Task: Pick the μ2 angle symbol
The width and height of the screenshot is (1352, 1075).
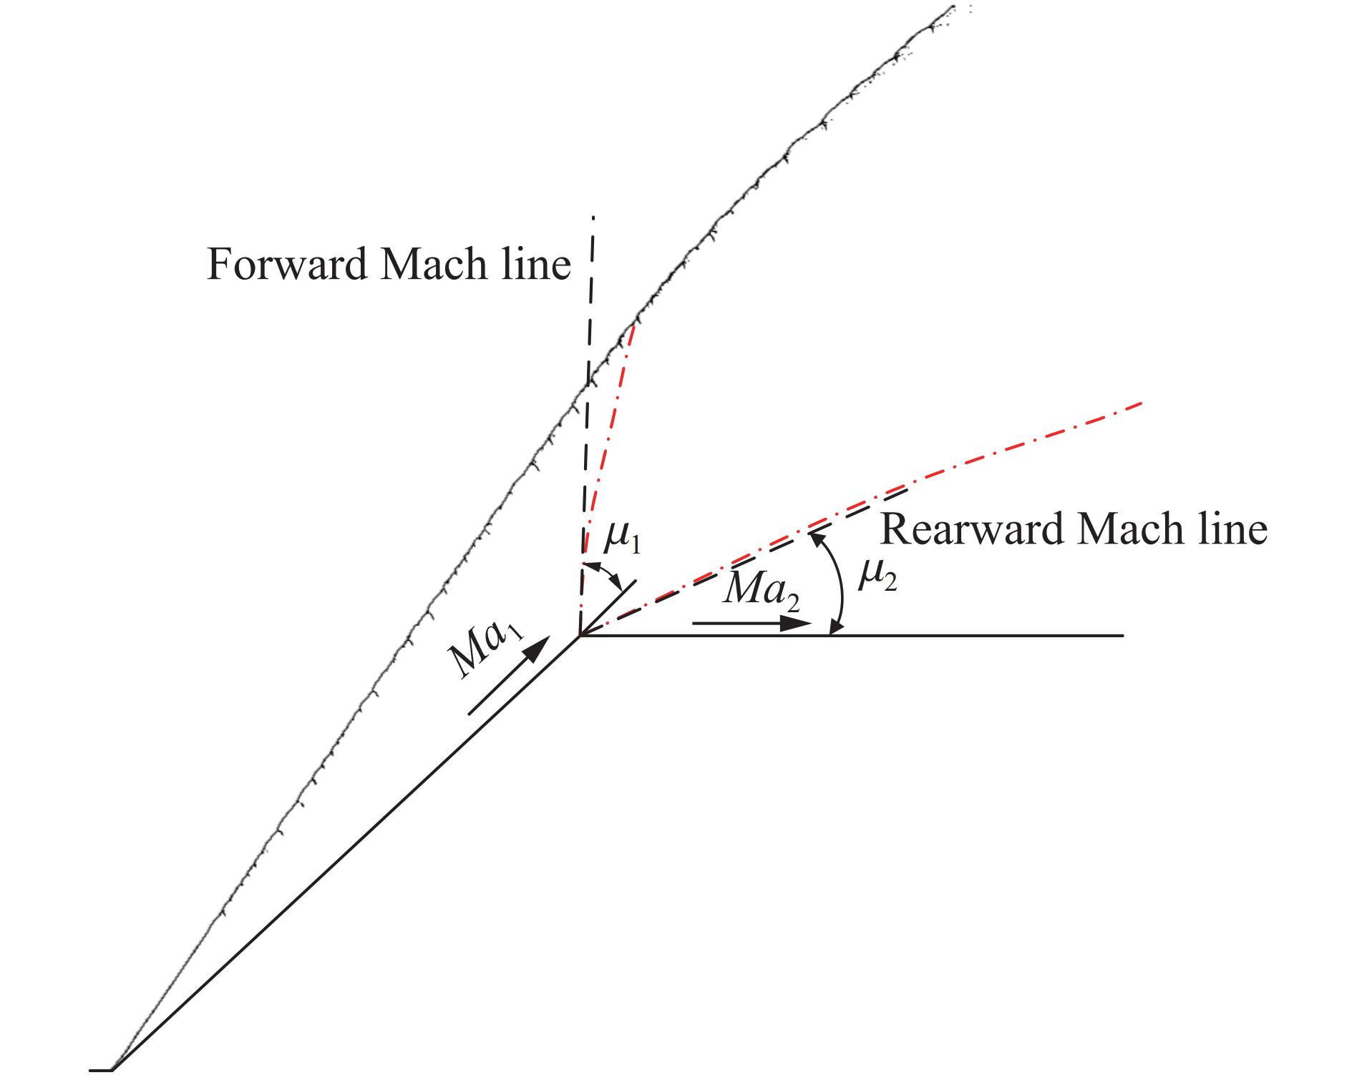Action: click(x=876, y=575)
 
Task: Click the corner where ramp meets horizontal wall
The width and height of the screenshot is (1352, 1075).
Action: click(x=580, y=635)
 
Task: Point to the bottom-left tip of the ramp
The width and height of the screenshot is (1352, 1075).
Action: click(x=113, y=1069)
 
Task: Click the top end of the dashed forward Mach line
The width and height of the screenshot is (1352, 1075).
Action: click(x=593, y=217)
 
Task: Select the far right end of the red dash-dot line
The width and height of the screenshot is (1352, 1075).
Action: click(x=1141, y=404)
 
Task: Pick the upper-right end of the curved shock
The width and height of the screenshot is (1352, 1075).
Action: click(x=953, y=7)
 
